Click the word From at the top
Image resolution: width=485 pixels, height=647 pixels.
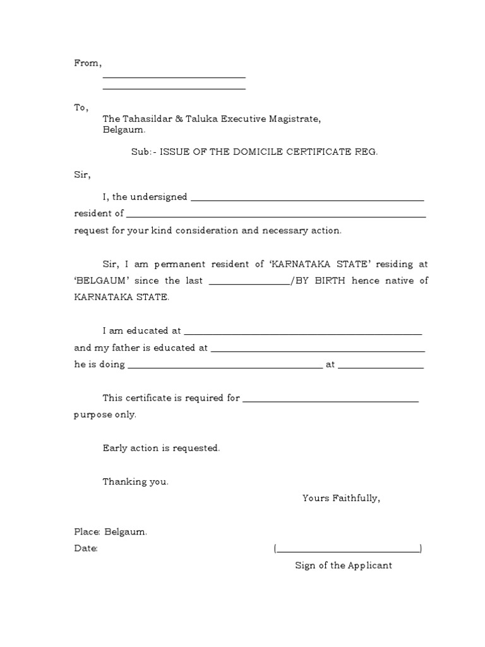tap(87, 63)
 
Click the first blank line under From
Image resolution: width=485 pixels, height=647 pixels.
tap(174, 77)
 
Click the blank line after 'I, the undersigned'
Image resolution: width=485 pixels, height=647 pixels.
tap(307, 200)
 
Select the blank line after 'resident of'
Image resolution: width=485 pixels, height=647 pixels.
tap(276, 216)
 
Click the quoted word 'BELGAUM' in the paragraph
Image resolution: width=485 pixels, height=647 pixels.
tap(93, 281)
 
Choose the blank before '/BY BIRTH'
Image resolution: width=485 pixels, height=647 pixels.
tap(249, 284)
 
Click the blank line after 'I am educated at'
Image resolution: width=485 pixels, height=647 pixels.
tap(302, 333)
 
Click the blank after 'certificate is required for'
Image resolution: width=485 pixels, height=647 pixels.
tap(330, 401)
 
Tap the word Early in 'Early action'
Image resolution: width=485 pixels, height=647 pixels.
tap(114, 448)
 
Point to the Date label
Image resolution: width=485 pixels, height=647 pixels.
tap(85, 548)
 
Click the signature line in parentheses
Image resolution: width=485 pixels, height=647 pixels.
tap(348, 551)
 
